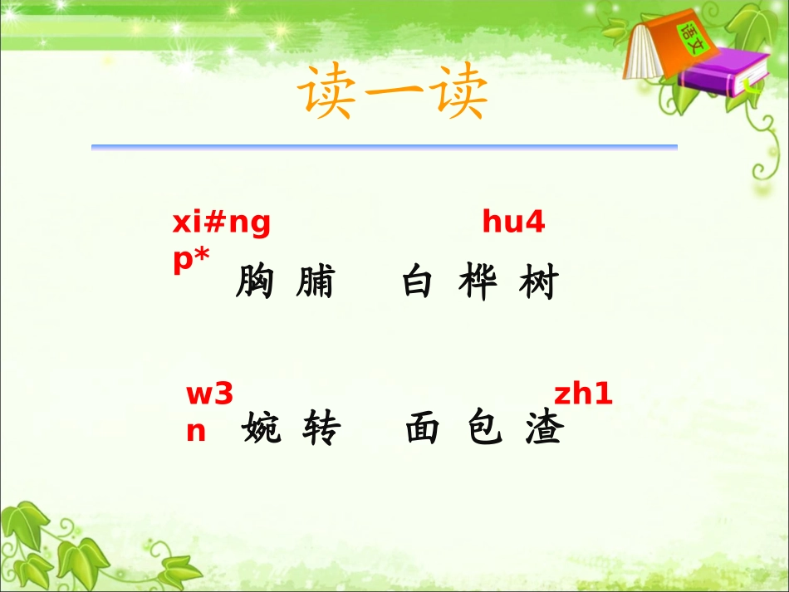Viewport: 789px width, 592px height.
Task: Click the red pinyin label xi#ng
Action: pyautogui.click(x=221, y=224)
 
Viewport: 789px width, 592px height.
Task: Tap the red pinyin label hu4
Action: pyautogui.click(x=513, y=223)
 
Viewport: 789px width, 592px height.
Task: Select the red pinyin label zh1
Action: pyautogui.click(x=583, y=394)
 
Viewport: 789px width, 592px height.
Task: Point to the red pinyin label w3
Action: pyautogui.click(x=209, y=394)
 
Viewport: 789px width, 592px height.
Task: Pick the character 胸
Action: pyautogui.click(x=254, y=283)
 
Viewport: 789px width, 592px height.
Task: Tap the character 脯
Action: pyautogui.click(x=314, y=283)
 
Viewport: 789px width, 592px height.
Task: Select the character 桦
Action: pyautogui.click(x=478, y=283)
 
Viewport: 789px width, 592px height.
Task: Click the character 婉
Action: pyautogui.click(x=262, y=429)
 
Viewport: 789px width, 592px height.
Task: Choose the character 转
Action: pyautogui.click(x=321, y=429)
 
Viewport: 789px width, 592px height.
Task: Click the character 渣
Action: pyautogui.click(x=545, y=429)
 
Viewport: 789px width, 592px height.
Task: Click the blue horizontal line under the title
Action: pyautogui.click(x=384, y=147)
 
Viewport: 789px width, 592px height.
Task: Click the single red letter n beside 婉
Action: pyautogui.click(x=196, y=432)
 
